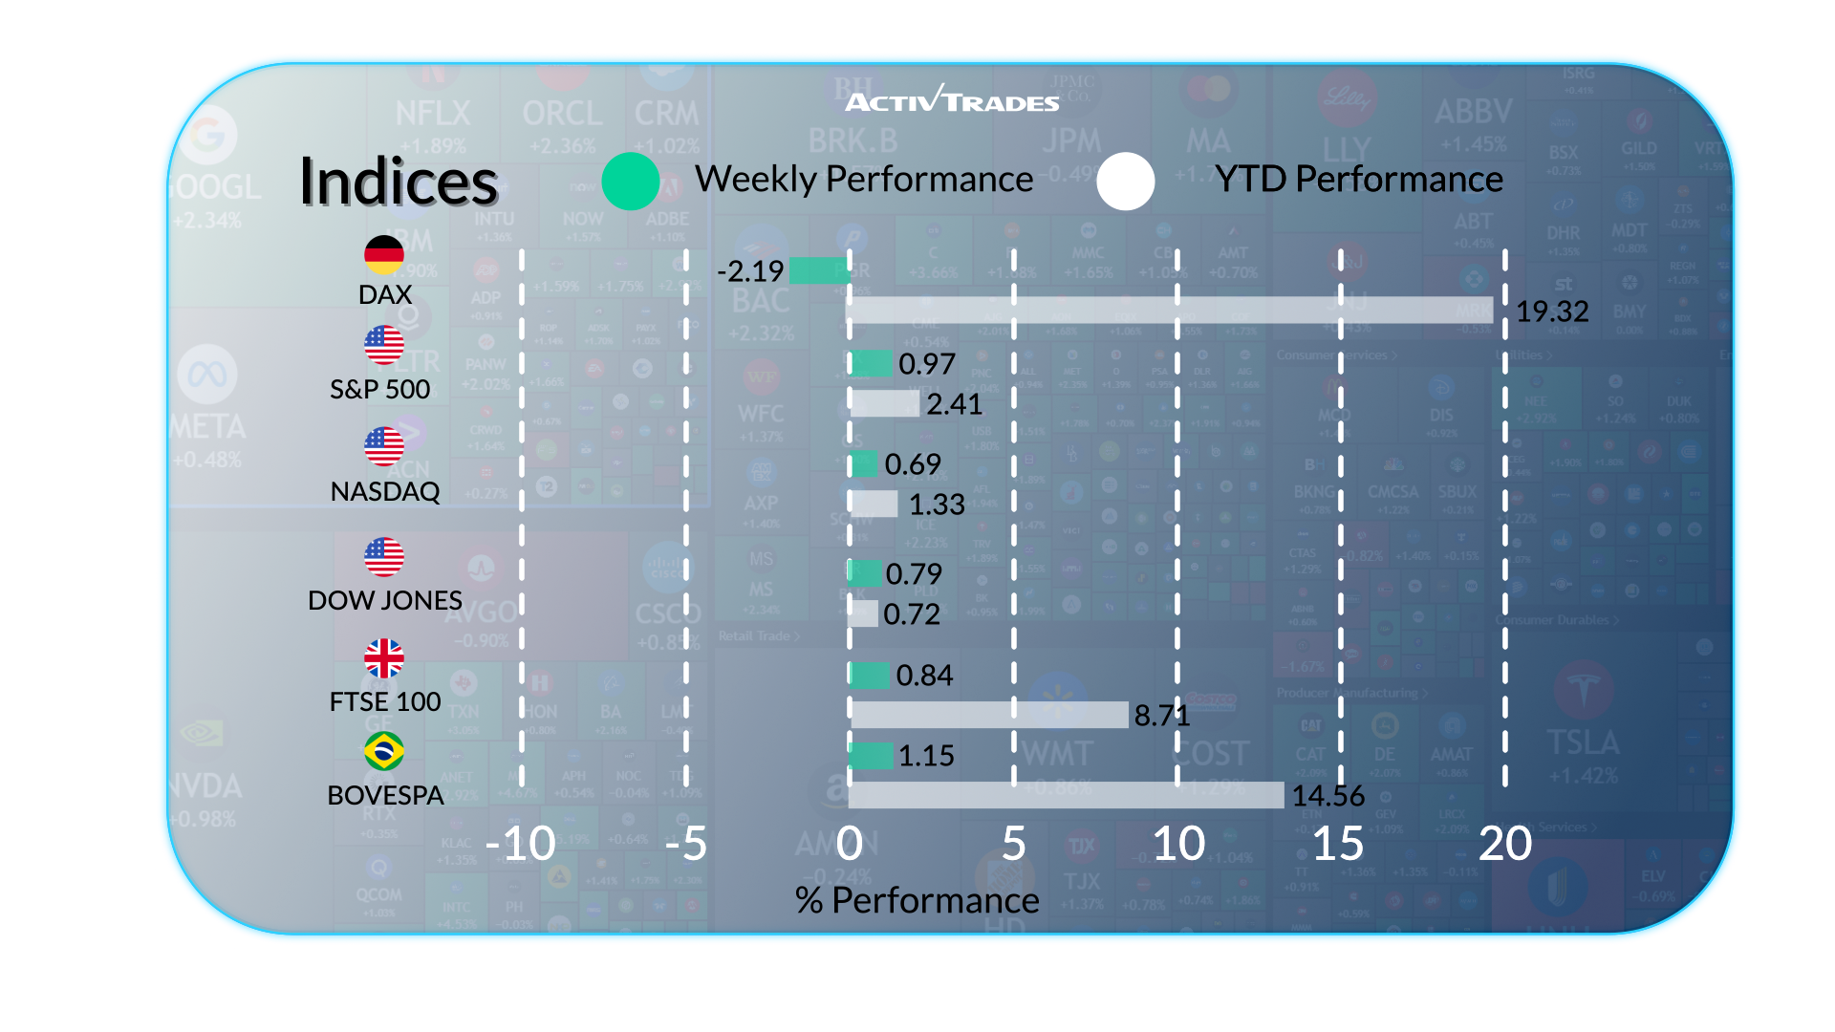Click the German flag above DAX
coord(384,255)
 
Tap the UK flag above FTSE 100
coord(384,658)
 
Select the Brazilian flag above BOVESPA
coord(384,751)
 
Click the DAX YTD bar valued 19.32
coord(1170,310)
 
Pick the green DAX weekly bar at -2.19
coord(819,270)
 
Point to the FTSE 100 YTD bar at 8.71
coord(988,715)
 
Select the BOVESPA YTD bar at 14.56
coord(1066,795)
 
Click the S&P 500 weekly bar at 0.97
coord(871,363)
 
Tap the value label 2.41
coord(954,404)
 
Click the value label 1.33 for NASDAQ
coord(937,505)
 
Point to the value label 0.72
coord(912,614)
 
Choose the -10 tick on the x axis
coord(521,844)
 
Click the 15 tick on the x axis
coord(1338,844)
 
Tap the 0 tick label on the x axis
coord(849,844)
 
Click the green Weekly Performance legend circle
coord(631,182)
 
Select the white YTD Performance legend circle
coord(1126,182)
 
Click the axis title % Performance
coord(917,900)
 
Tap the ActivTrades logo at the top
coord(953,99)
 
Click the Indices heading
coord(399,182)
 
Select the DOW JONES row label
coord(385,600)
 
